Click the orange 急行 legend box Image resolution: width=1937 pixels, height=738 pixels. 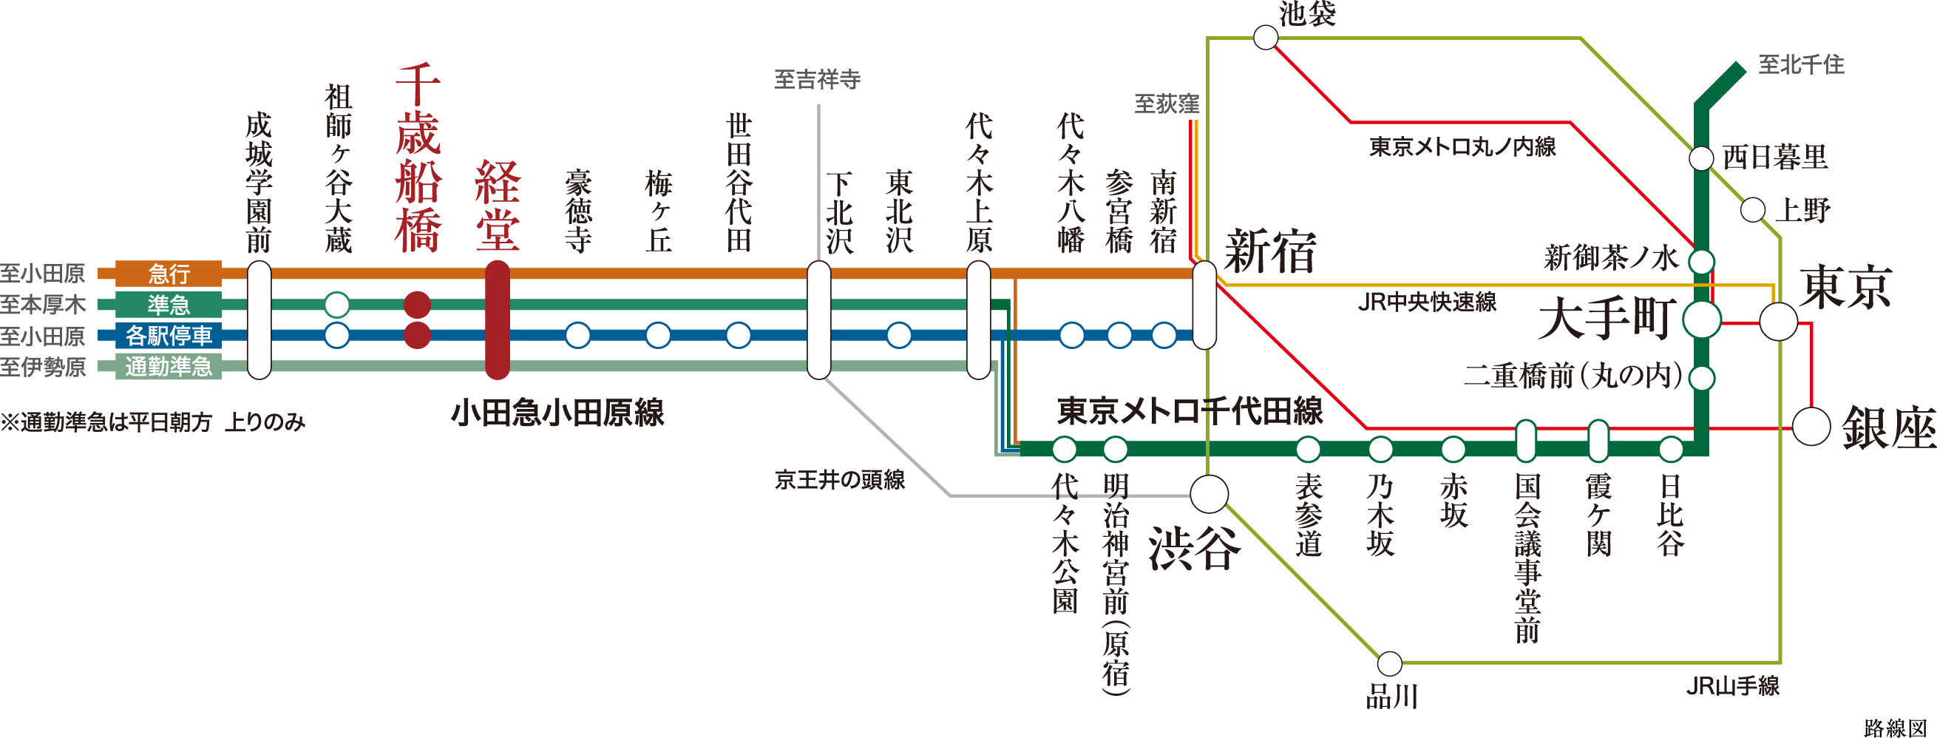click(x=169, y=274)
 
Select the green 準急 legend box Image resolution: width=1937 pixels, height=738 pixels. click(x=169, y=305)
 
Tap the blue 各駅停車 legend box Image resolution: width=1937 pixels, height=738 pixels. click(x=169, y=336)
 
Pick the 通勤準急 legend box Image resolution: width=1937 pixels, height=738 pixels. click(x=169, y=366)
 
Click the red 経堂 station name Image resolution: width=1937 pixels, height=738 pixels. click(x=497, y=205)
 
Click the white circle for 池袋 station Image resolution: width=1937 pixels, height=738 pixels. click(x=1266, y=38)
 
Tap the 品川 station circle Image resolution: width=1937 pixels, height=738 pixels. click(x=1390, y=664)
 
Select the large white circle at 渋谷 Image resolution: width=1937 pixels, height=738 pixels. click(x=1209, y=494)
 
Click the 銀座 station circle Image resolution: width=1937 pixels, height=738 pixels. click(x=1811, y=427)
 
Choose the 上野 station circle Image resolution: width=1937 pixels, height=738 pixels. click(x=1753, y=210)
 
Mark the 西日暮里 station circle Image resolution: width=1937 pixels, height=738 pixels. click(x=1702, y=159)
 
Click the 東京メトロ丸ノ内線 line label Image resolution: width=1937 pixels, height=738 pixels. click(x=1462, y=146)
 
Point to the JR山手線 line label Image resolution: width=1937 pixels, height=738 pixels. click(x=1732, y=686)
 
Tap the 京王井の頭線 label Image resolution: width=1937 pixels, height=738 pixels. click(x=840, y=480)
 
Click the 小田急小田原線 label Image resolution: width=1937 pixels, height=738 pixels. click(x=557, y=413)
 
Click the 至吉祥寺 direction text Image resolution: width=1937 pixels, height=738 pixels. click(x=818, y=80)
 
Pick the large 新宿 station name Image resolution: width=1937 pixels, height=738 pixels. click(x=1271, y=252)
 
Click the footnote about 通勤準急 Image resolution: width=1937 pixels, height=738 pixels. click(x=153, y=423)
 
